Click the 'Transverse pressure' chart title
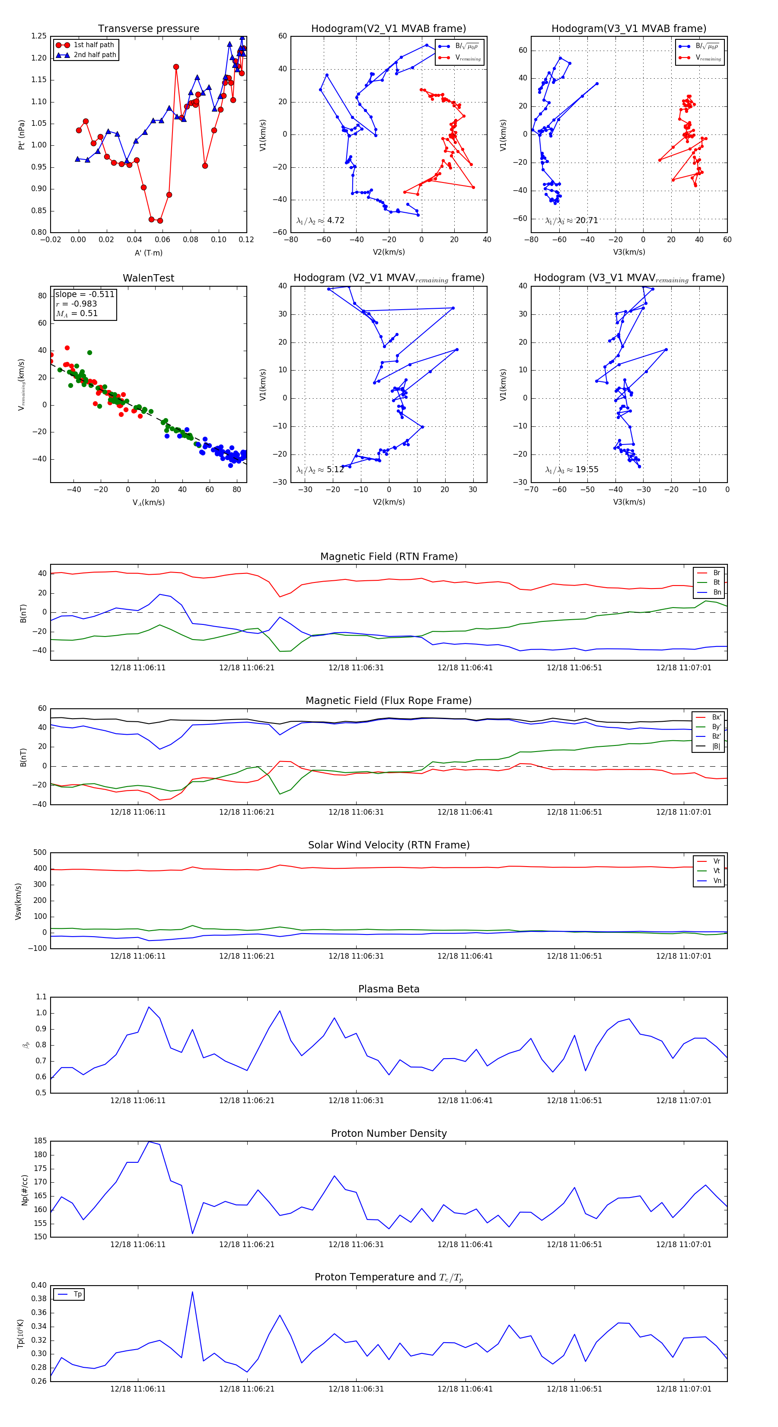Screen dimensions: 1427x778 (x=148, y=29)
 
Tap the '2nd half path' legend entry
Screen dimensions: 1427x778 (x=95, y=55)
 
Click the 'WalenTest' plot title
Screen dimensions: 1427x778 (x=148, y=278)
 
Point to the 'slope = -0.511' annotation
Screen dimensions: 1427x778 (x=85, y=294)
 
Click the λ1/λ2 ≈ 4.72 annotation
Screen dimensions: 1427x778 (x=321, y=221)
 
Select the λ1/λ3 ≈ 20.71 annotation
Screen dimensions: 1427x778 (x=571, y=221)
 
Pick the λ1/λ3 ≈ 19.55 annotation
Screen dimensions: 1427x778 (x=571, y=470)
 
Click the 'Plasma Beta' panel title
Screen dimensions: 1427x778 (x=389, y=989)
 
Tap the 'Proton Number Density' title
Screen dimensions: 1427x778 (x=389, y=1133)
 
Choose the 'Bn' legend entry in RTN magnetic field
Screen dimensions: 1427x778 (x=717, y=592)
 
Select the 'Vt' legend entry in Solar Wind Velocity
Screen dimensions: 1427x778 (x=717, y=871)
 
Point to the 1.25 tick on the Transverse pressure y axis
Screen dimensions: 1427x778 (x=39, y=36)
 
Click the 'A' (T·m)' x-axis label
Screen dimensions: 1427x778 (x=148, y=253)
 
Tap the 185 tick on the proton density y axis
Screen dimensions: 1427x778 (x=40, y=1141)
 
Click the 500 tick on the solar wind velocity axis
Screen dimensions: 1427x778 (x=40, y=853)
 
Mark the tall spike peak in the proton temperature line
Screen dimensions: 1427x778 (x=192, y=1292)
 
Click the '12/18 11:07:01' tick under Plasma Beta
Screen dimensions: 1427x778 (x=683, y=1101)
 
